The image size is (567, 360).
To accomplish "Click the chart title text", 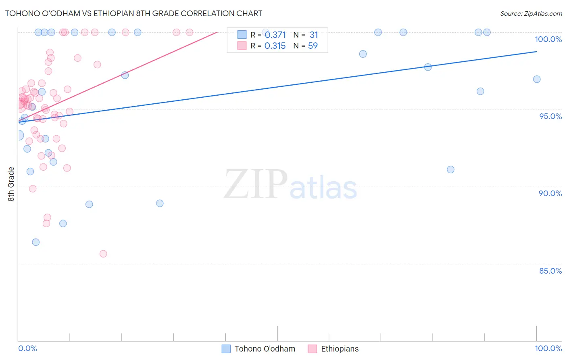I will (x=133, y=13).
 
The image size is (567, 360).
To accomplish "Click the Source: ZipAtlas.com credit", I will (x=531, y=13).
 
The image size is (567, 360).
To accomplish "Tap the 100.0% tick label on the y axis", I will (x=548, y=39).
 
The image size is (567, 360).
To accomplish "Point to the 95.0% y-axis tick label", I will (x=550, y=116).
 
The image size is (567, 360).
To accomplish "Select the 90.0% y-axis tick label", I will (x=550, y=193).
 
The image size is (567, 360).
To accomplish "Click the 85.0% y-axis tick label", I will (x=550, y=271).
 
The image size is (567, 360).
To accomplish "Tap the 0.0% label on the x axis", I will (x=27, y=348).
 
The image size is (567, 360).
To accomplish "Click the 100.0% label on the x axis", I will (x=548, y=348).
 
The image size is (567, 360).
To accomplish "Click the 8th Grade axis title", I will (x=11, y=184).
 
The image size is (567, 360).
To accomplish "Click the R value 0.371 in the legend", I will (x=275, y=35).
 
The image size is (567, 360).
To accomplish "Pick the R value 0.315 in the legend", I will (x=275, y=46).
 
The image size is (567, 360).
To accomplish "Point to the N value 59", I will (x=313, y=46).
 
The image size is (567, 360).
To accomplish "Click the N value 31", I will (x=313, y=35).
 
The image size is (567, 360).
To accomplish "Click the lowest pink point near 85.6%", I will (x=103, y=254).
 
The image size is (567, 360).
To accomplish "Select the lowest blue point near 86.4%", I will (x=36, y=242).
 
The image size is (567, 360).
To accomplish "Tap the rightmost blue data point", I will (x=537, y=79).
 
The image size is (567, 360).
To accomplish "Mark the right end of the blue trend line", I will (x=536, y=52).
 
